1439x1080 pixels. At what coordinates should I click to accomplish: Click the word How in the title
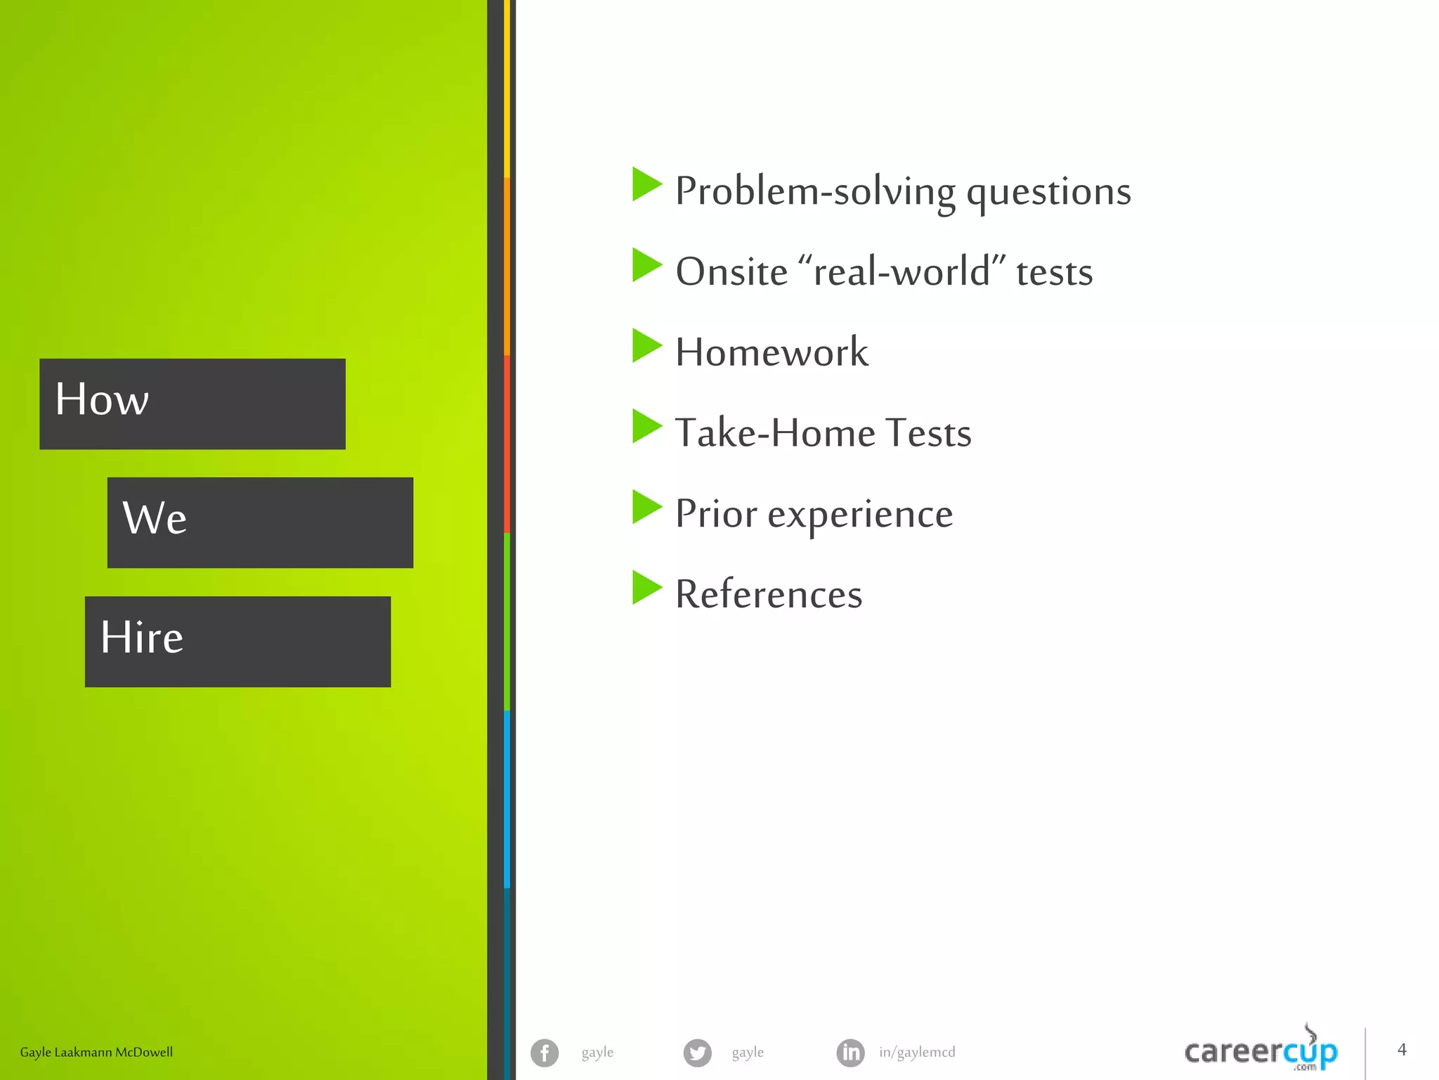point(102,399)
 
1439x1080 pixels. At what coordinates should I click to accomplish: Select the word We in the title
point(155,518)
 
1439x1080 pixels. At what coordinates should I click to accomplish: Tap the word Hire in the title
point(142,637)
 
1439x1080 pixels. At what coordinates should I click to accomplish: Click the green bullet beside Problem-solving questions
point(646,184)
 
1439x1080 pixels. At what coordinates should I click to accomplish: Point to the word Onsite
point(731,272)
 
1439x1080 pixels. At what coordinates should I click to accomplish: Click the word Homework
point(771,352)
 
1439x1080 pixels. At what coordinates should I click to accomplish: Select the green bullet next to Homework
point(646,345)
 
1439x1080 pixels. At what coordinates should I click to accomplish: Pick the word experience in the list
point(860,514)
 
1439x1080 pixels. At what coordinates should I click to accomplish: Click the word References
point(769,594)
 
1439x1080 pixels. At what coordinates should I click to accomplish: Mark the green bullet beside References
point(646,587)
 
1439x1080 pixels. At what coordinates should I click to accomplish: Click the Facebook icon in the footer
point(545,1053)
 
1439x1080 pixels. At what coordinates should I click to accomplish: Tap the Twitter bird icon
point(697,1053)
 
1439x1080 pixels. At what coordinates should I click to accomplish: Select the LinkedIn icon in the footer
point(850,1053)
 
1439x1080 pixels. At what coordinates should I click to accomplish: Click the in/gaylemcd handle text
point(917,1053)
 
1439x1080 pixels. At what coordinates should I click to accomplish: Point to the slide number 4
point(1402,1050)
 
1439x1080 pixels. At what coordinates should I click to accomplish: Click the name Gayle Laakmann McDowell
point(96,1053)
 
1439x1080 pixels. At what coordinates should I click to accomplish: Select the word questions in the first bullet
point(1048,192)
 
